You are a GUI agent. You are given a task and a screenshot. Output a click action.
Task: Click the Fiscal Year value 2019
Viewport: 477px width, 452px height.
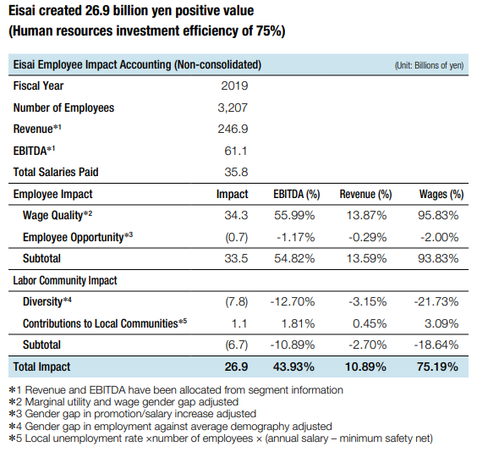[234, 85]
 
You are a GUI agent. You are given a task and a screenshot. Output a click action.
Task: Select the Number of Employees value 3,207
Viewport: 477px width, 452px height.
[233, 107]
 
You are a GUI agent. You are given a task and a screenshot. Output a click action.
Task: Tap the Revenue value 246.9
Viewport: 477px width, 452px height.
[233, 129]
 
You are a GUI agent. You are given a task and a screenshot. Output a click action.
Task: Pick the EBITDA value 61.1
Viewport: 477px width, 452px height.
[235, 151]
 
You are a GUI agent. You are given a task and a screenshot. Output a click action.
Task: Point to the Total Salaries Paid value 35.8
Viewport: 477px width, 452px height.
[236, 172]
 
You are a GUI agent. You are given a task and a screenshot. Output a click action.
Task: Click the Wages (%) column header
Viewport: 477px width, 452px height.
[441, 194]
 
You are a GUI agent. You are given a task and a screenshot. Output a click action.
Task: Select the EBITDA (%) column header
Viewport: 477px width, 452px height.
[297, 194]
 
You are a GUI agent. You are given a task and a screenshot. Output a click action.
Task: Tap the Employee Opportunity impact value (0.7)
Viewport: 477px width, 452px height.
[236, 237]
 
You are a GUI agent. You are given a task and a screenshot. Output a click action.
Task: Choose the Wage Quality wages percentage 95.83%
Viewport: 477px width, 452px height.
[438, 216]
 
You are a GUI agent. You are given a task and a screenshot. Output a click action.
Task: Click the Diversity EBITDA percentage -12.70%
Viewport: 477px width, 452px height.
[293, 301]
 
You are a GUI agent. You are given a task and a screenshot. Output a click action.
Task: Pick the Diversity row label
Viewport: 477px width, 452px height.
[47, 301]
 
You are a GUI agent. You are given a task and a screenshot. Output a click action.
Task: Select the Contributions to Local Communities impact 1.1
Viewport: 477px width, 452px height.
[239, 323]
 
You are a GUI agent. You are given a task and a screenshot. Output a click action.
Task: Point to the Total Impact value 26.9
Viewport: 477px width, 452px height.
[236, 367]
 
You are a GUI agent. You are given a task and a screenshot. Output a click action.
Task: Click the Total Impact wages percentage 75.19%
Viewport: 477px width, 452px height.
[437, 367]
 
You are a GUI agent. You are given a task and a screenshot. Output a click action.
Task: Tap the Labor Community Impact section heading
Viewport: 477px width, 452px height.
[65, 280]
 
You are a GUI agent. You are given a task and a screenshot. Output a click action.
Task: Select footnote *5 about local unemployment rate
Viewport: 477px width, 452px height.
[221, 438]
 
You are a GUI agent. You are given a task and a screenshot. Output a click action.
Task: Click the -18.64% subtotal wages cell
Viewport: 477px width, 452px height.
[436, 345]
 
